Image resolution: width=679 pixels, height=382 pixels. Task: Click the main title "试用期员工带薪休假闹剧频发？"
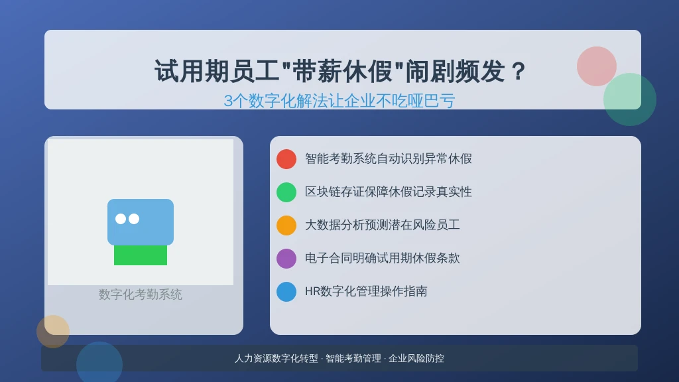coord(340,71)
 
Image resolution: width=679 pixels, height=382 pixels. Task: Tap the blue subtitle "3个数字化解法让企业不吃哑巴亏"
coord(339,101)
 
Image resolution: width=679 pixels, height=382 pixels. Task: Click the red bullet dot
coord(286,159)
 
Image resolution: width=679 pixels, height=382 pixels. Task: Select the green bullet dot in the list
coord(286,192)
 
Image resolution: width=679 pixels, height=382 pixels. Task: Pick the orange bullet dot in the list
coord(286,225)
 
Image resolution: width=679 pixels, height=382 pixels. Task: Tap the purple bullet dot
coord(286,259)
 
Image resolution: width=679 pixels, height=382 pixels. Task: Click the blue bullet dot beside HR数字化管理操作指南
coord(286,292)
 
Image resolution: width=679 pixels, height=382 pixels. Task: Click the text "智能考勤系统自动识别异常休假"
coord(388,159)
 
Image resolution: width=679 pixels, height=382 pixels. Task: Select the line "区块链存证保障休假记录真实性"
coord(388,192)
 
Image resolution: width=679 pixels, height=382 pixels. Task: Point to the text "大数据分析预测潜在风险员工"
coord(382,225)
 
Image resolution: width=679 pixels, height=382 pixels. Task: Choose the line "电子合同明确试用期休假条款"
coord(382,258)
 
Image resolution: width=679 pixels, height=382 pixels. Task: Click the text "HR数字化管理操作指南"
coord(366,292)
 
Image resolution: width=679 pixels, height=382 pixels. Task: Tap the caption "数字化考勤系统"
coord(141,294)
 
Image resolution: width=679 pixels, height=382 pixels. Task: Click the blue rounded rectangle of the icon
coord(141,222)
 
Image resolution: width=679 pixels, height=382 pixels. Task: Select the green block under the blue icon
coord(141,255)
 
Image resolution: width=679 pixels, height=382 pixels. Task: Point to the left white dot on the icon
coord(121,219)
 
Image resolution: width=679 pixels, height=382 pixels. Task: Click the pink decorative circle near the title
coord(596,66)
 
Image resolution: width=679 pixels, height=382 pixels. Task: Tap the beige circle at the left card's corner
coord(53,332)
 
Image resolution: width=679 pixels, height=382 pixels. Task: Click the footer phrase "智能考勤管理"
coord(353,359)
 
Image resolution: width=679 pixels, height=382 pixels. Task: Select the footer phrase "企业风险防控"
coord(416,359)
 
